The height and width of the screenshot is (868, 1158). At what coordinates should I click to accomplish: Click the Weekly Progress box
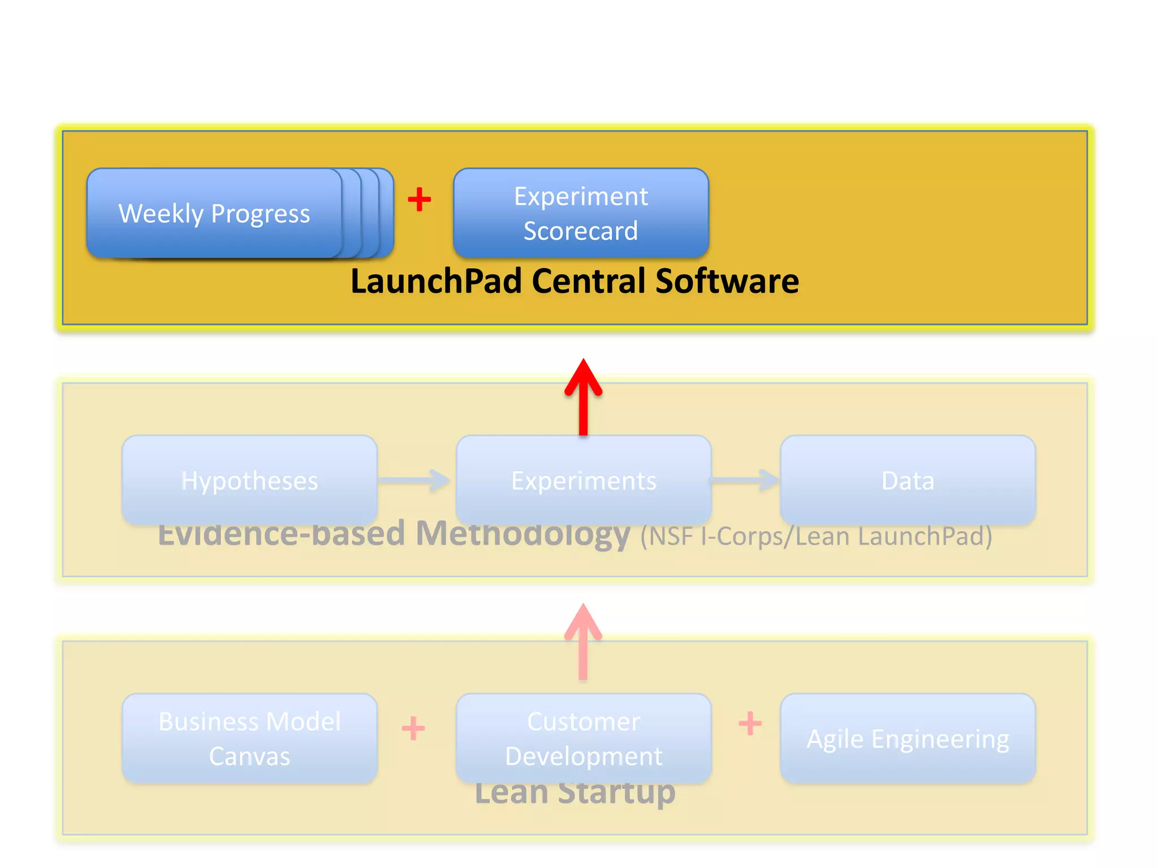(215, 214)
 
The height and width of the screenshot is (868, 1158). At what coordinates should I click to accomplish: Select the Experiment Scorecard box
(581, 214)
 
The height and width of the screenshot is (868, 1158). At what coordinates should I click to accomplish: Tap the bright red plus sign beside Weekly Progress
(419, 199)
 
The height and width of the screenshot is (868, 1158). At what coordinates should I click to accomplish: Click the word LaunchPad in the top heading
(435, 281)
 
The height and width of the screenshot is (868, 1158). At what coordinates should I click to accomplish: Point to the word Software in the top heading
(727, 281)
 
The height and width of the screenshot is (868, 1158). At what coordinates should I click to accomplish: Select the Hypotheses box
(249, 480)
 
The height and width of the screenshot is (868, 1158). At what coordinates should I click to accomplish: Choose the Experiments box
(584, 480)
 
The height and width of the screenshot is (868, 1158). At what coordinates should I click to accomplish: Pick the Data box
(908, 480)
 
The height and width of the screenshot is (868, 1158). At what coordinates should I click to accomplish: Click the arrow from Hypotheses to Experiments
(414, 480)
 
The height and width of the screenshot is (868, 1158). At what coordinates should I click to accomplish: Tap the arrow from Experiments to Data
(745, 480)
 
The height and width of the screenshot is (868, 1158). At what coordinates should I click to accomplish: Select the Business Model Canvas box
(249, 739)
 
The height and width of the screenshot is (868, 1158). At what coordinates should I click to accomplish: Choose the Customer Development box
(584, 739)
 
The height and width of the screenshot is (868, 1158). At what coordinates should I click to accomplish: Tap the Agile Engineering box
(908, 739)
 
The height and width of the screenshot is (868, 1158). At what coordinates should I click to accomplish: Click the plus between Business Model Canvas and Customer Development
(413, 728)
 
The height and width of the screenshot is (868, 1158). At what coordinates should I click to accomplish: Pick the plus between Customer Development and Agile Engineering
(750, 723)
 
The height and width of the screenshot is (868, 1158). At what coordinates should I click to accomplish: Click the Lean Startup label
(575, 794)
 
